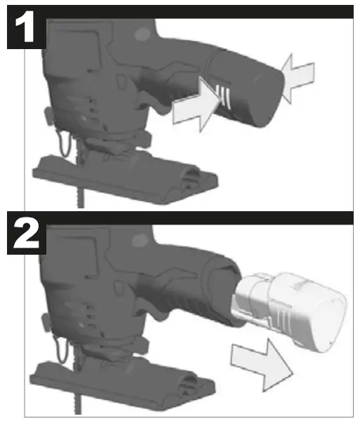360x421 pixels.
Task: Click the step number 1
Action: coord(25,28)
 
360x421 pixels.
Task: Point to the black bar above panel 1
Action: coord(204,11)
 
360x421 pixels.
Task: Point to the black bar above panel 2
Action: coord(204,218)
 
